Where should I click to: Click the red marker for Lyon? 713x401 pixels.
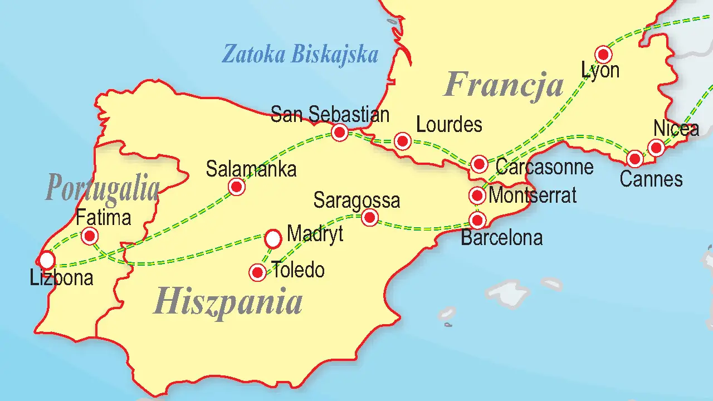603,55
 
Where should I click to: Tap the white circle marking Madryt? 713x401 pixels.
272,239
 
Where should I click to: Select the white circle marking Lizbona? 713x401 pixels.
47,260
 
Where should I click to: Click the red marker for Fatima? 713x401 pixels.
89,236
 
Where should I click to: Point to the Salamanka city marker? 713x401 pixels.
237,187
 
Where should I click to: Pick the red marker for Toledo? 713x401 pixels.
257,272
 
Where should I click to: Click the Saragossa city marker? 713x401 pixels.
369,217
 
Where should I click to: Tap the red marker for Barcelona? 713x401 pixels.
477,220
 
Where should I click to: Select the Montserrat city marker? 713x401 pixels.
477,195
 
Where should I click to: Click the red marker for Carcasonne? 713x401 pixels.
479,164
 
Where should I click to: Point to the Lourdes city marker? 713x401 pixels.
403,141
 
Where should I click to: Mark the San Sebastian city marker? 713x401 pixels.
339,133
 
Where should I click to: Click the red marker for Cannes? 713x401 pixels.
634,159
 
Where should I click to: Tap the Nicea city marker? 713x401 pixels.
656,148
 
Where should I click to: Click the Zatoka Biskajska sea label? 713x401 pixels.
300,55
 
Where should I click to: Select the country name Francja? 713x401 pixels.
504,86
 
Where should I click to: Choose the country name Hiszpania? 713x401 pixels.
228,301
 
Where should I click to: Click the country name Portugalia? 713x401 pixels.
102,187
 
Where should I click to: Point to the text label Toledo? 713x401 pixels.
298,270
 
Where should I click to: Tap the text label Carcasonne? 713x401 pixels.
544,167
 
